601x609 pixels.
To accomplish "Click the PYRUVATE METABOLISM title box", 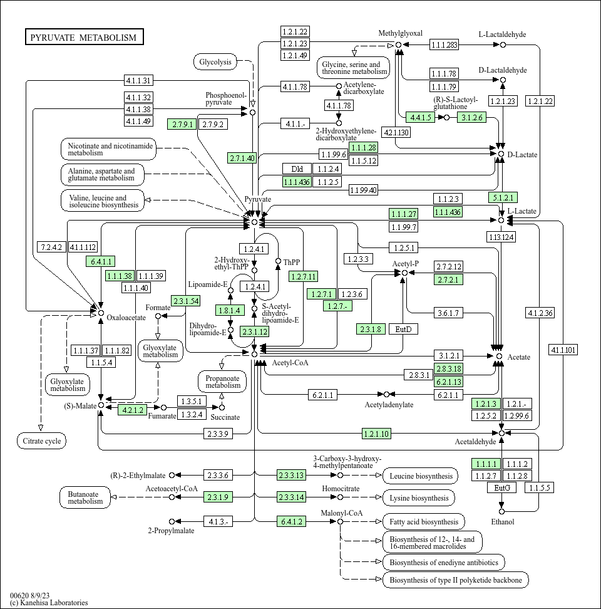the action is pyautogui.click(x=84, y=37).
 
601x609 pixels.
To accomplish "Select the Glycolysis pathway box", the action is pyautogui.click(x=215, y=62).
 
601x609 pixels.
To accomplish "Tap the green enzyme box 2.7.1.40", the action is pyautogui.click(x=242, y=158).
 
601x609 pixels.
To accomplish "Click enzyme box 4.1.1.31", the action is pyautogui.click(x=138, y=80).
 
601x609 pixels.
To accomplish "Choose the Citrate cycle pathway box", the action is pyautogui.click(x=42, y=441).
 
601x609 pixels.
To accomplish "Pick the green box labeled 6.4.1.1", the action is pyautogui.click(x=101, y=261).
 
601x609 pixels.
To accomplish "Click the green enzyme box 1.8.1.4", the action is pyautogui.click(x=230, y=310).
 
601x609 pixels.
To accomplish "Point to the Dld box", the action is pyautogui.click(x=297, y=169).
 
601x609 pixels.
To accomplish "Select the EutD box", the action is pyautogui.click(x=404, y=330).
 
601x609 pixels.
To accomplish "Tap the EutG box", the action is pyautogui.click(x=502, y=487).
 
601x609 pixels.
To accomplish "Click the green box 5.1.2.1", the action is pyautogui.click(x=503, y=197).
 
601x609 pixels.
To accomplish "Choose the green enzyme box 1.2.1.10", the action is pyautogui.click(x=376, y=434).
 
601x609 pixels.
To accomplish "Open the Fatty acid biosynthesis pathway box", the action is pyautogui.click(x=424, y=522).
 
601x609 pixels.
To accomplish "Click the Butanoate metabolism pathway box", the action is pyautogui.click(x=85, y=497).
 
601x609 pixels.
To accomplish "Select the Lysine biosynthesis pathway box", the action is pyautogui.click(x=419, y=498).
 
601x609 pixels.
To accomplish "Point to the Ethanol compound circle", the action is pyautogui.click(x=501, y=511).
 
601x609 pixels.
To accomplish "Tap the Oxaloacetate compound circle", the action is pyautogui.click(x=101, y=313).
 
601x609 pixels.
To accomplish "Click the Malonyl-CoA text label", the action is pyautogui.click(x=341, y=513).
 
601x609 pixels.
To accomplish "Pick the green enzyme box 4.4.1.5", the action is pyautogui.click(x=421, y=117).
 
